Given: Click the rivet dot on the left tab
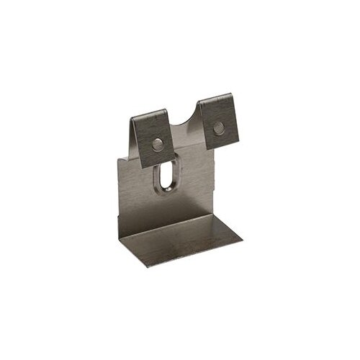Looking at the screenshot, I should [x=157, y=144].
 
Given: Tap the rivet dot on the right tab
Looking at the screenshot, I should [x=218, y=129].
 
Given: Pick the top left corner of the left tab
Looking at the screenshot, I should [x=133, y=117].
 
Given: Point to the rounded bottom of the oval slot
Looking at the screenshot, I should [x=165, y=192].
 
